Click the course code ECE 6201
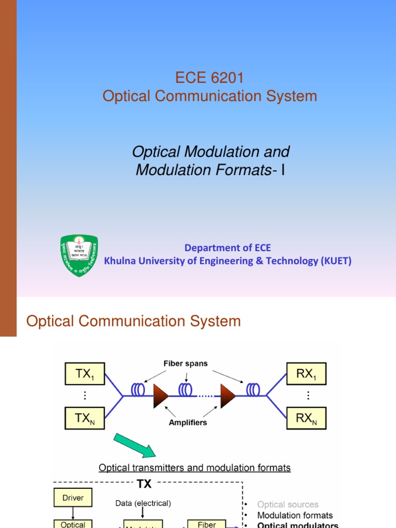tap(209, 78)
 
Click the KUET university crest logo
tap(79, 255)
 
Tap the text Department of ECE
tap(227, 247)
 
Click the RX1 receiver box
tap(306, 374)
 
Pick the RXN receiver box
tap(306, 419)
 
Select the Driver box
tap(73, 498)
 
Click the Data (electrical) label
tap(143, 503)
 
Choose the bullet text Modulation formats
tap(295, 515)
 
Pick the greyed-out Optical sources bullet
tap(288, 504)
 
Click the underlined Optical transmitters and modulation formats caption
tap(194, 468)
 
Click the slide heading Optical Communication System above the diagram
tap(134, 321)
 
